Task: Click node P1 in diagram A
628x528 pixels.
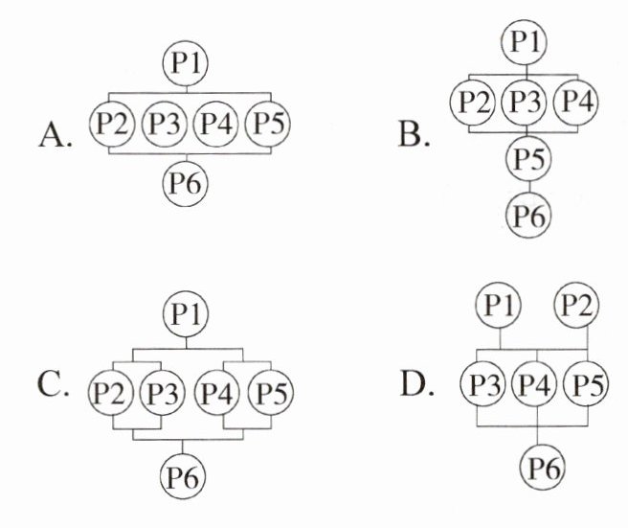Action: tap(187, 63)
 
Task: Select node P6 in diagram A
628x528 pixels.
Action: tap(187, 179)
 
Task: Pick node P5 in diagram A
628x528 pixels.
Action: tap(268, 123)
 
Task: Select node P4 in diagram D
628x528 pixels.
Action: tap(537, 386)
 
